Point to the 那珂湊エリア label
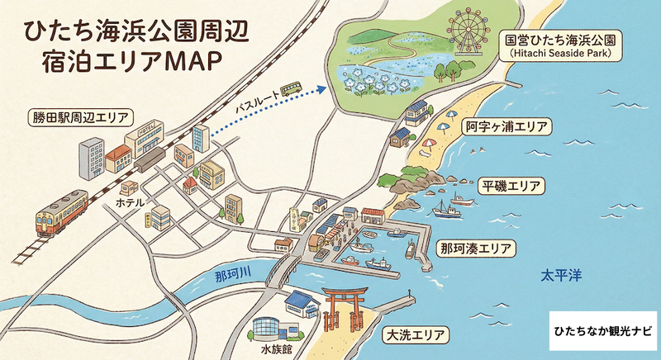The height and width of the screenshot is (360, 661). click(x=475, y=248)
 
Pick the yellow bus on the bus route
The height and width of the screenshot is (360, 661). click(x=290, y=88)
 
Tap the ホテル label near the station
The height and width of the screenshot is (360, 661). click(x=130, y=201)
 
